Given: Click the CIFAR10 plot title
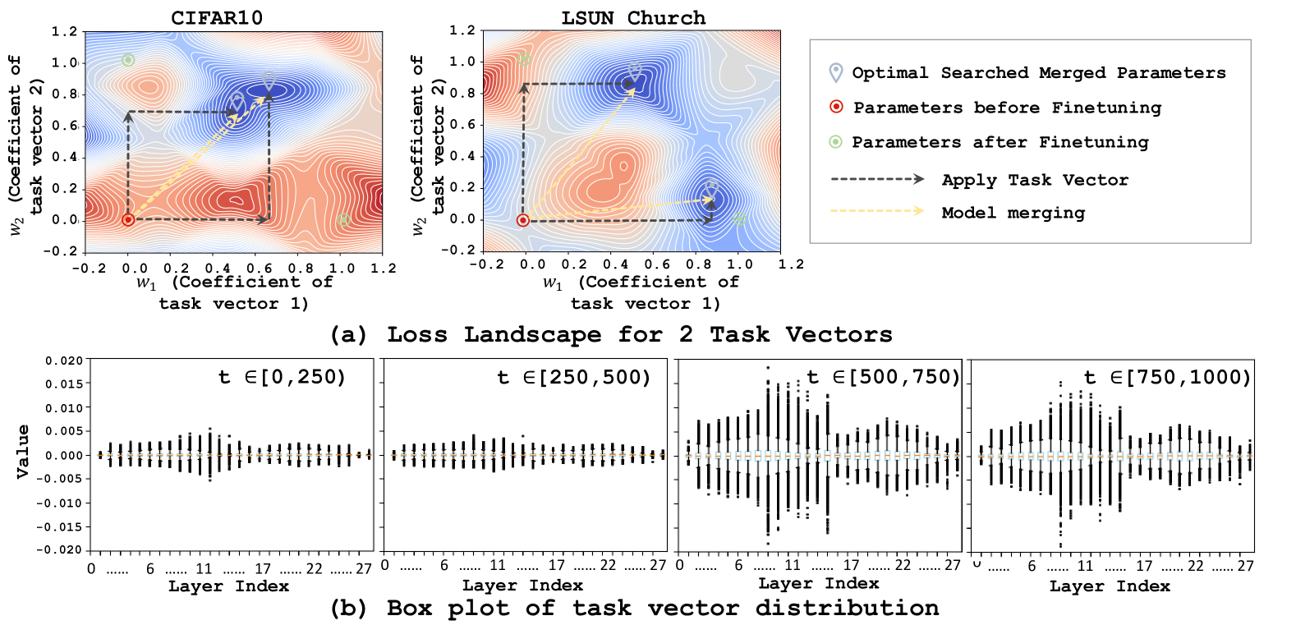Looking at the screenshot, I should point(217,18).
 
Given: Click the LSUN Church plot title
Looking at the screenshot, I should point(632,18).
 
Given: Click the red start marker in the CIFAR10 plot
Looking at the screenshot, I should point(128,219).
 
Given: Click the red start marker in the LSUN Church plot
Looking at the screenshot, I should point(523,219).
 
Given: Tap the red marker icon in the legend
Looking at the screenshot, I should point(836,107).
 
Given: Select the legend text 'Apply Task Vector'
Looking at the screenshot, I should point(1034,180).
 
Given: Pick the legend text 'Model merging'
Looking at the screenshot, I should point(1013,213).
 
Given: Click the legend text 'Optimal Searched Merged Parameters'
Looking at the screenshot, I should point(1038,72).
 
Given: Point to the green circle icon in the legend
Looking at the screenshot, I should point(835,141).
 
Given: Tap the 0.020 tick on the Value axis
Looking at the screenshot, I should point(63,361).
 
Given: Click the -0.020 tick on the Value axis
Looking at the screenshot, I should point(62,549).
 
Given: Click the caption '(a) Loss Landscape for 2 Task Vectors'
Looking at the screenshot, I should point(610,334).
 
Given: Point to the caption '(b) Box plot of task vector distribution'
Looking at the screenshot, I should point(634,608).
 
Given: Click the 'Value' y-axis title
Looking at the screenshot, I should point(22,451).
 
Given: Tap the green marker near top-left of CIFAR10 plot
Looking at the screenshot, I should point(128,60).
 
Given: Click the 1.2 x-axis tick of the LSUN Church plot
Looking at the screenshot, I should point(791,264).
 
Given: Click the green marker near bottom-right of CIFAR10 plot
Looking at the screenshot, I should point(343,219).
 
